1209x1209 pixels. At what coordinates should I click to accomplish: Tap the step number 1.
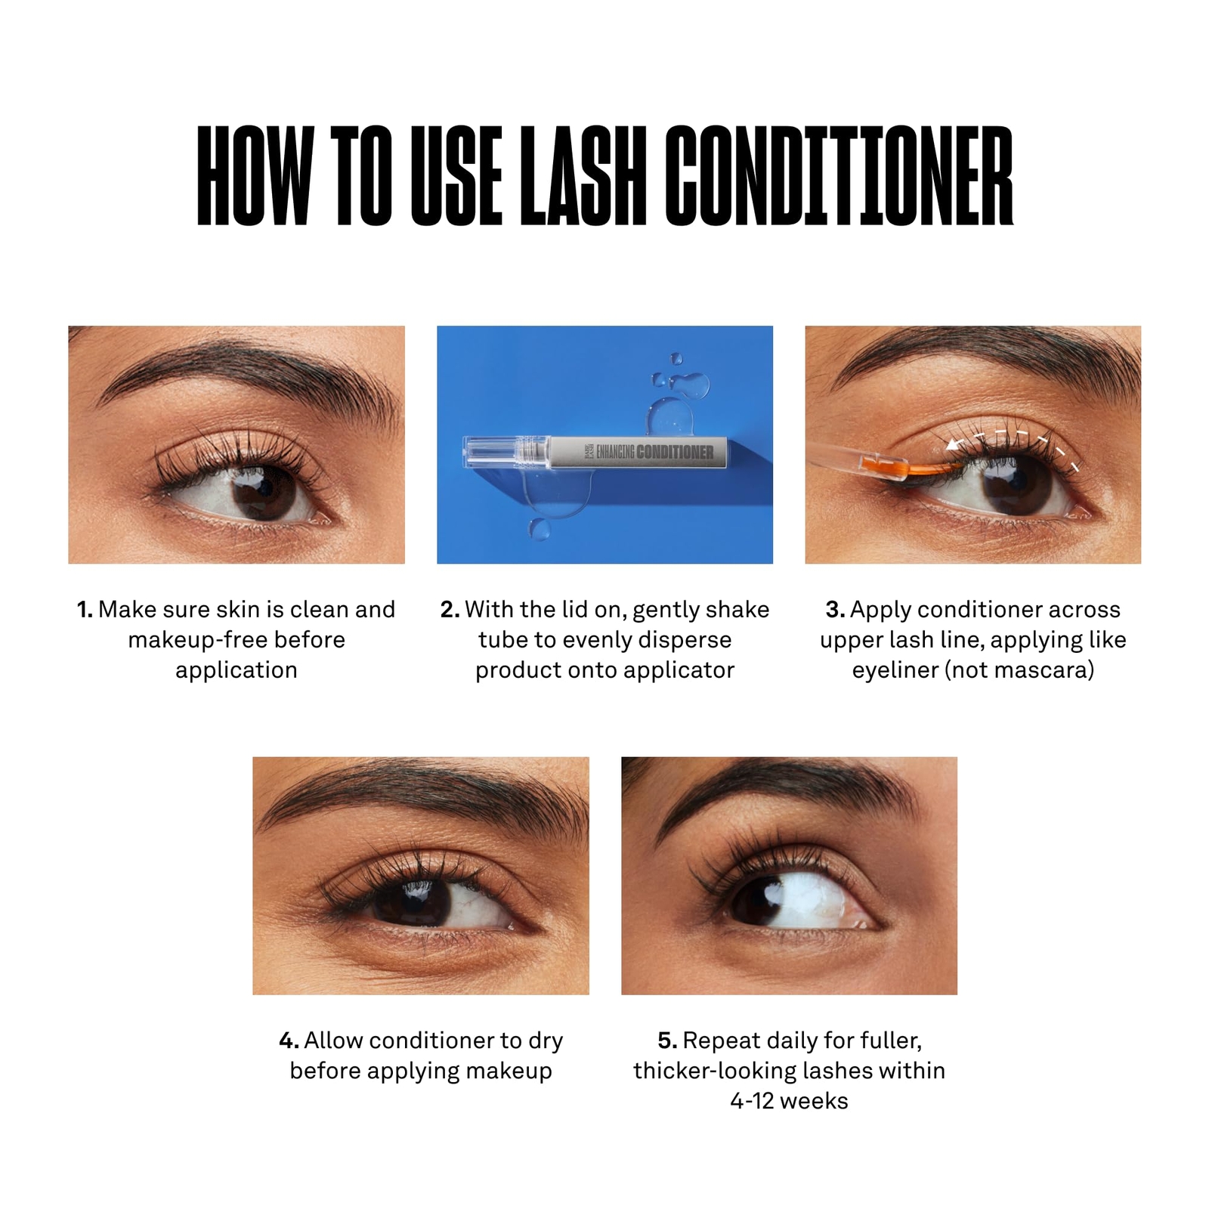click(x=84, y=610)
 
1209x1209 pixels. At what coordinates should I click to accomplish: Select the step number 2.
click(x=449, y=610)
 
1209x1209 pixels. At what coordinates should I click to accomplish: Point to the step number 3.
click(x=834, y=610)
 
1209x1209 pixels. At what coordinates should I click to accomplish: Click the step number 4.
click(x=289, y=1041)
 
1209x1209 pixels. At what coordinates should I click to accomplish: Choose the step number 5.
click(x=666, y=1041)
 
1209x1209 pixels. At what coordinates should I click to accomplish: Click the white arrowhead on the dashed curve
click(x=954, y=444)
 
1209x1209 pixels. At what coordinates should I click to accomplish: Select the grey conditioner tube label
click(x=639, y=452)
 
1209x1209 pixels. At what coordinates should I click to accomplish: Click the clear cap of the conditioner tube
click(x=491, y=452)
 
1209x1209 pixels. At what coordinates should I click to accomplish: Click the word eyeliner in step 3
click(x=895, y=670)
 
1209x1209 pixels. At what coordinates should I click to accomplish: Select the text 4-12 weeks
click(x=789, y=1101)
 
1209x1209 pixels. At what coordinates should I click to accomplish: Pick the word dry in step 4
click(x=546, y=1041)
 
